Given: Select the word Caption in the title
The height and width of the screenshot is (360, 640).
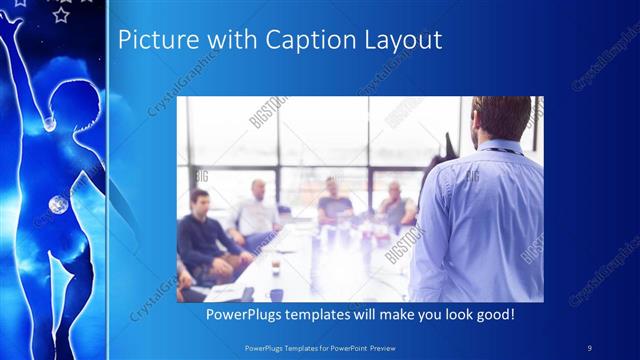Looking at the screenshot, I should (298, 40).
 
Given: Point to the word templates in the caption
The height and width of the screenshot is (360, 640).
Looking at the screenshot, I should (329, 315).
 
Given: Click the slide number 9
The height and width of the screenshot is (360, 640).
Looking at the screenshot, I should (589, 346).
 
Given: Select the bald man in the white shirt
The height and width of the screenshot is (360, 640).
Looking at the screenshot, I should (257, 210).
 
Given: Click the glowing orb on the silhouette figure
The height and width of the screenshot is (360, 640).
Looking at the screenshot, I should (58, 205).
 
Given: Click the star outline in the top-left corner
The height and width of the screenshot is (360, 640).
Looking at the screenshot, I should (61, 14).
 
